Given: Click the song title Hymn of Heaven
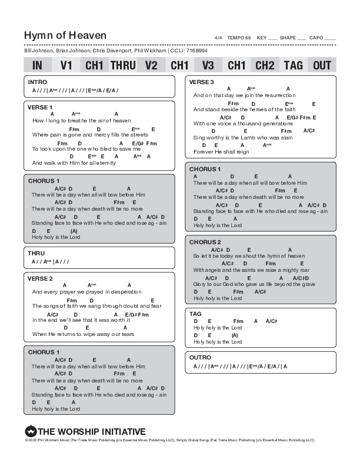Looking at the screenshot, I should point(58,36).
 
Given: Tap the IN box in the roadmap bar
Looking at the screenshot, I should point(37,65).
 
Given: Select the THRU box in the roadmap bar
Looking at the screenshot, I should point(123,65).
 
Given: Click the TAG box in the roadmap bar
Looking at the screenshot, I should point(293,65).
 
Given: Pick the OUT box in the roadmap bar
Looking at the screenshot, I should point(322,65).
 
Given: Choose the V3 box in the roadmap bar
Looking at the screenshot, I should point(208,65).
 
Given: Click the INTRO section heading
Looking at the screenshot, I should point(37,82).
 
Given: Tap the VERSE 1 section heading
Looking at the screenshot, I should point(40,108).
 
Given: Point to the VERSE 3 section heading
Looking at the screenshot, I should point(202,82).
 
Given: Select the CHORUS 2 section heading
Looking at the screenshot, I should point(205,242).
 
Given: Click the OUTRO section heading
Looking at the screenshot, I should point(201,357).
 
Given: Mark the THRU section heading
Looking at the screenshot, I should point(36,253).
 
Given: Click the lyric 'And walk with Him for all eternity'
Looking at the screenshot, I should point(74,163).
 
